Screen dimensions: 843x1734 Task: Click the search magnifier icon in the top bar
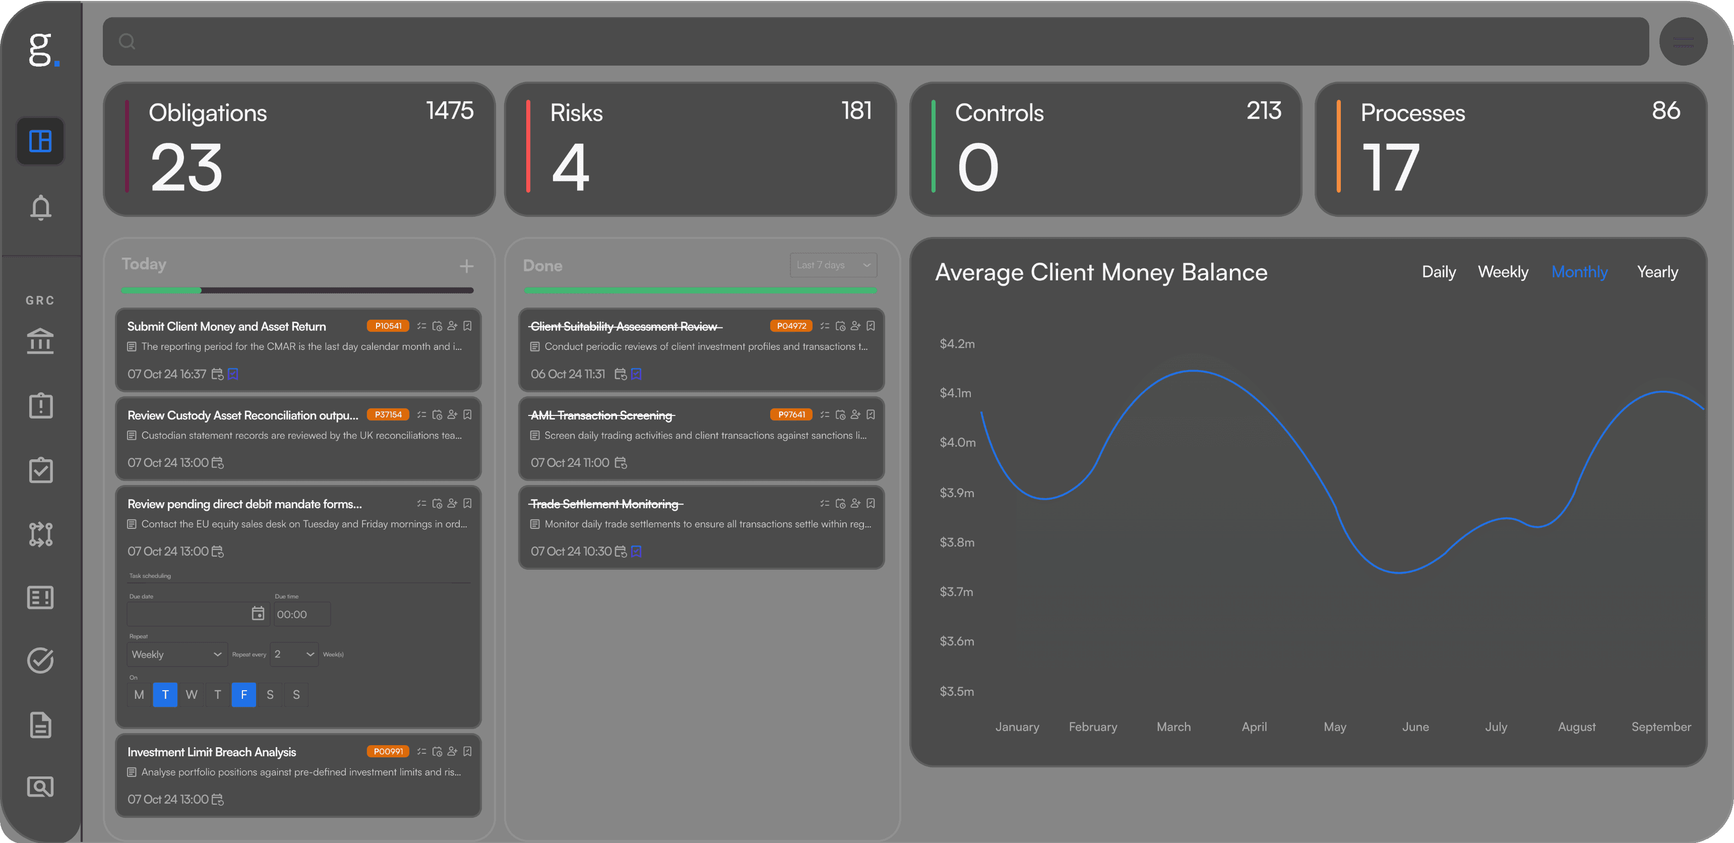pos(127,42)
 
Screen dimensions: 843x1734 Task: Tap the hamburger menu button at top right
pos(1683,42)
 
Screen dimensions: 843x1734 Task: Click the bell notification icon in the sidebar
pos(40,207)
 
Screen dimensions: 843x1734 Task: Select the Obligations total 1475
pos(450,110)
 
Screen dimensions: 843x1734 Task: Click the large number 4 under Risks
pos(570,168)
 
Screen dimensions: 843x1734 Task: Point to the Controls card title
pos(999,113)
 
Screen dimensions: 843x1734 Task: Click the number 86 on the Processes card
pos(1665,110)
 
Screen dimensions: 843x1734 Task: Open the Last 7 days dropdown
pos(833,265)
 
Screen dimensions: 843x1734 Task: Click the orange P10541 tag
pos(388,326)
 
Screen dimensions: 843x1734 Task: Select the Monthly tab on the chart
pos(1579,272)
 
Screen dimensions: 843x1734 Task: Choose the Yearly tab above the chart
pos(1657,272)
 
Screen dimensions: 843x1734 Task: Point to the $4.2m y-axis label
pos(957,344)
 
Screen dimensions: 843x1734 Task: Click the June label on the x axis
pos(1415,727)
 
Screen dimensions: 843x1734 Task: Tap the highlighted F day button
pos(243,695)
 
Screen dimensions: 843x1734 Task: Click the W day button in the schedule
pos(191,695)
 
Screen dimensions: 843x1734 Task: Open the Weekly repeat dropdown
pos(176,654)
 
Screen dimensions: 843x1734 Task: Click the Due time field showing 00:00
pos(301,615)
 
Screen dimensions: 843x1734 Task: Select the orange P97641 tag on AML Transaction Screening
pos(791,415)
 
